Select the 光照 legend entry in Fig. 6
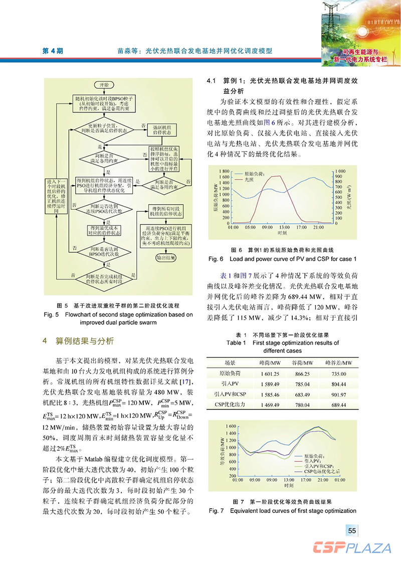[x=249, y=179]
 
